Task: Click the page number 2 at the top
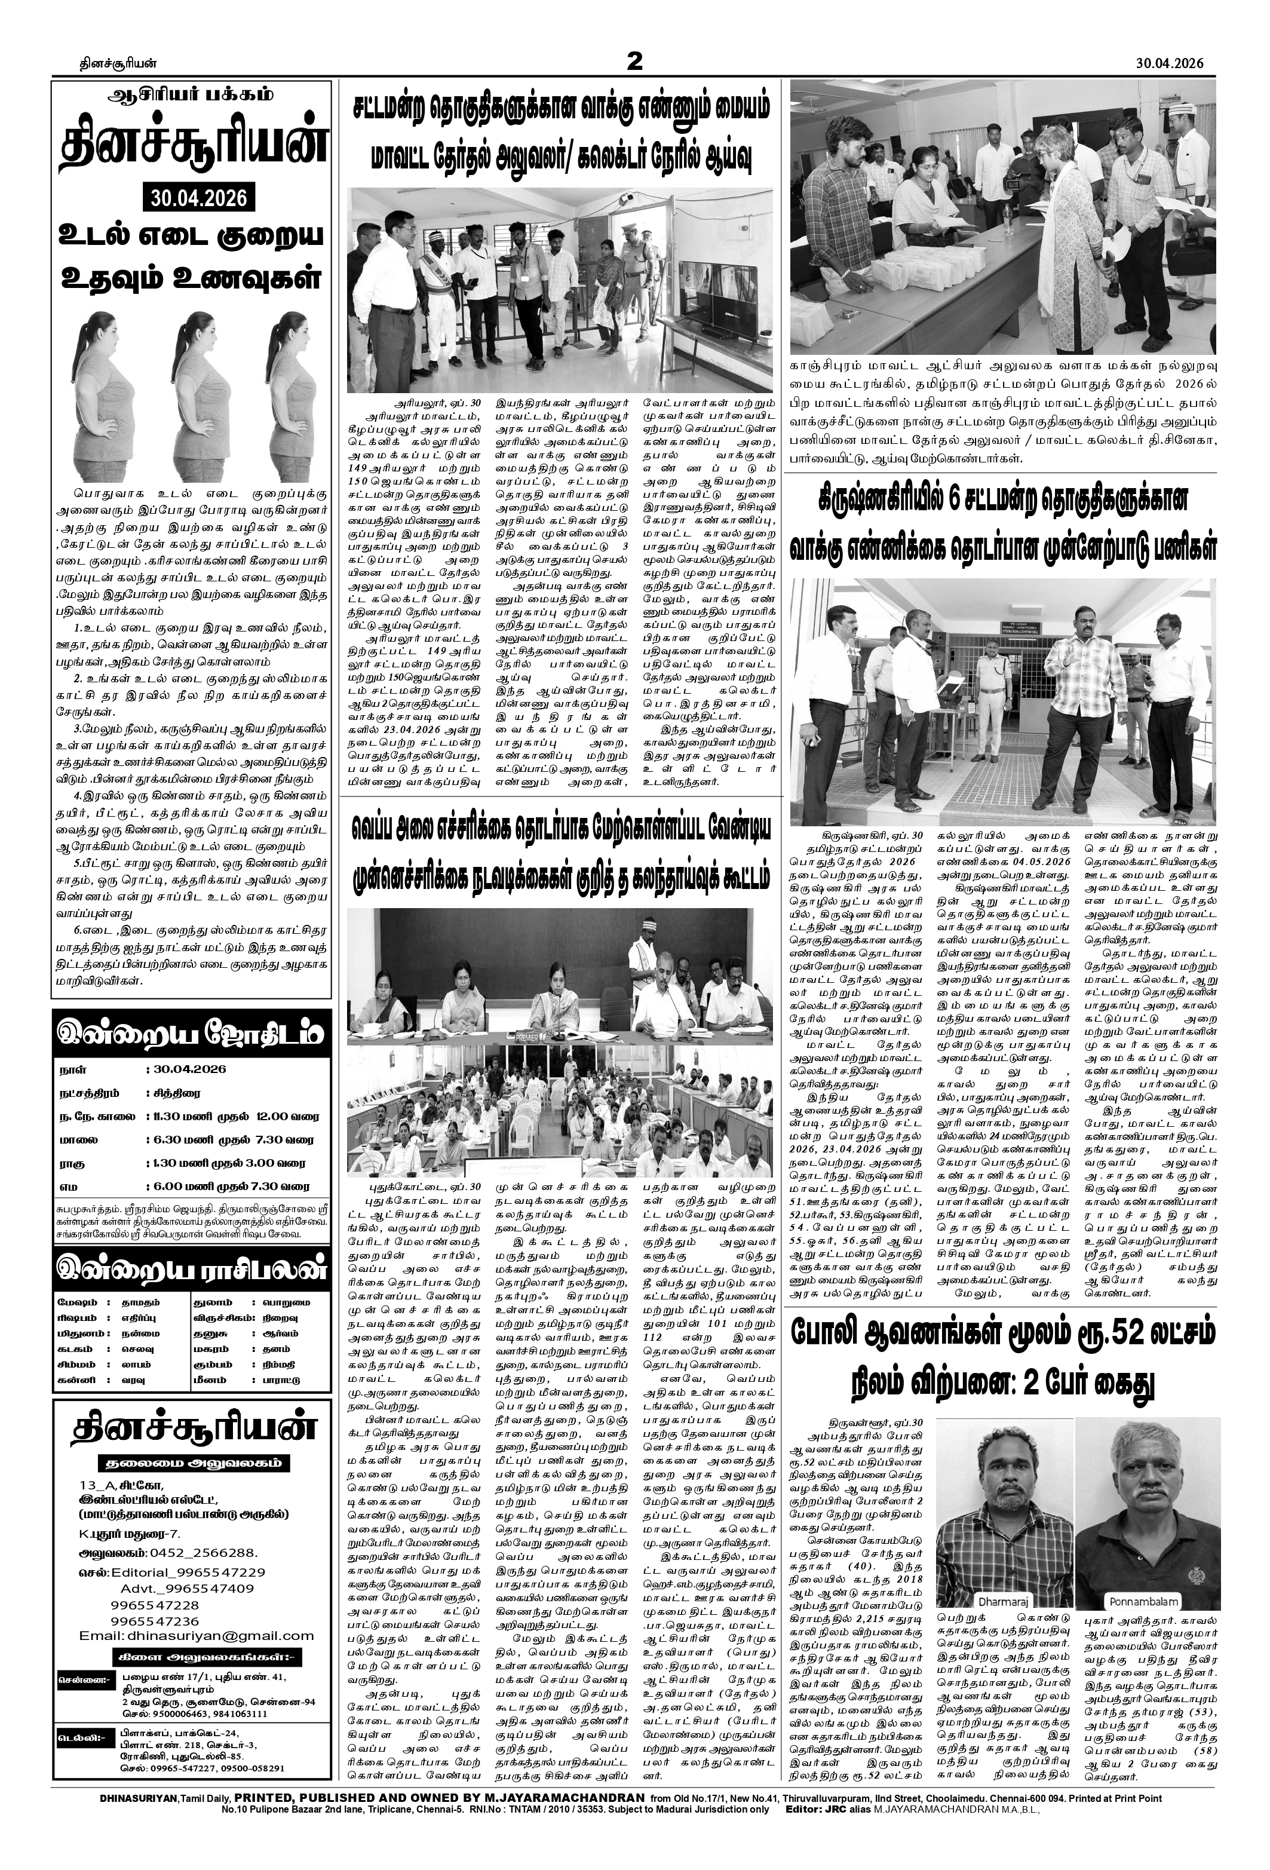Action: click(634, 61)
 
